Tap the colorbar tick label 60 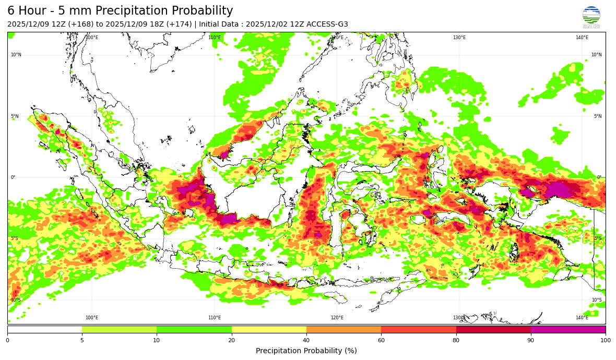click(381, 340)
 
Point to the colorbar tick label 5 click(82, 340)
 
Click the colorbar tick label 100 click(605, 340)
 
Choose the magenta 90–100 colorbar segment click(568, 329)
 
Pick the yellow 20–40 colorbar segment click(269, 329)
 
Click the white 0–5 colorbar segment click(45, 329)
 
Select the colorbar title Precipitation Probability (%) click(306, 351)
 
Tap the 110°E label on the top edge click(215, 38)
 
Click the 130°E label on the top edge click(459, 38)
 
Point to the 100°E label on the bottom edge click(92, 318)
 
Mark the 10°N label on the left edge click(16, 55)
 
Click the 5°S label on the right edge click(598, 238)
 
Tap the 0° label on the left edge click(13, 177)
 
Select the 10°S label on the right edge click(596, 300)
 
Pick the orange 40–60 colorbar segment click(343, 329)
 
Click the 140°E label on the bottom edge click(582, 318)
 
